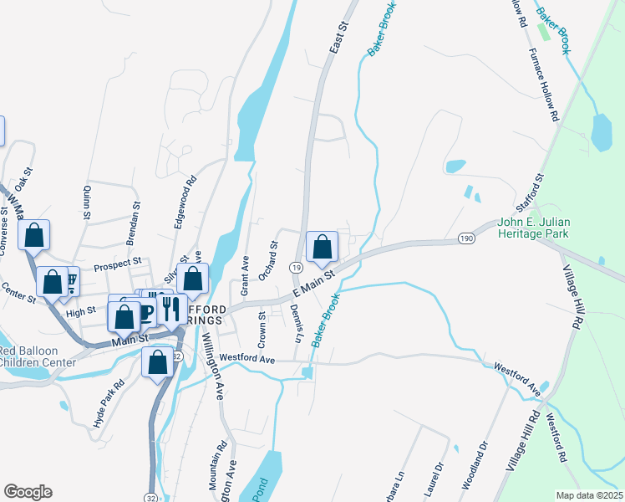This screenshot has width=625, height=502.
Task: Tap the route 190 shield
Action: coord(465,240)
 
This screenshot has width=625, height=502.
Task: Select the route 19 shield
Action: coord(296,267)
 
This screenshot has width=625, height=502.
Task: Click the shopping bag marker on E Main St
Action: coord(322,246)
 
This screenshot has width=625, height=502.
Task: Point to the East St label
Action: coord(337,38)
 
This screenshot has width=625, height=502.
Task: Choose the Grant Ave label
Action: coord(245,275)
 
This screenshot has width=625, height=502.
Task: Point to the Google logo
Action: coord(28,492)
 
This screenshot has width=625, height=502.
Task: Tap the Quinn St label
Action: coord(86,202)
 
